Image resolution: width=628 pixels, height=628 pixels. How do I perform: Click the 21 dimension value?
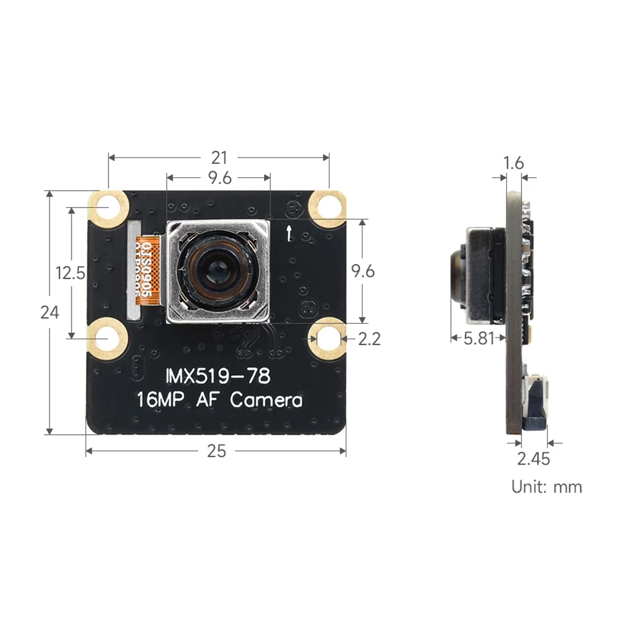click(x=218, y=157)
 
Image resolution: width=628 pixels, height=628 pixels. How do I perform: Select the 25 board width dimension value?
click(x=216, y=451)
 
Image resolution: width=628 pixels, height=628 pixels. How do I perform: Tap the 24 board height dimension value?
click(x=50, y=312)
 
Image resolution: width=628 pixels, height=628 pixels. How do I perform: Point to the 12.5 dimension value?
click(x=70, y=273)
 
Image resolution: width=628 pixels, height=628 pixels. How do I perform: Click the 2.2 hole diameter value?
click(x=369, y=339)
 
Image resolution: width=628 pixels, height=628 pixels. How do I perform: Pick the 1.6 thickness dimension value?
click(x=514, y=163)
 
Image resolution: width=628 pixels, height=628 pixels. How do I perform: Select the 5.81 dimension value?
click(x=479, y=339)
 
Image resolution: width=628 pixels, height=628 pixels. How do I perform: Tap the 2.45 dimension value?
click(x=533, y=459)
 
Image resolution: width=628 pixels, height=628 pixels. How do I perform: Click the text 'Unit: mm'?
click(x=546, y=486)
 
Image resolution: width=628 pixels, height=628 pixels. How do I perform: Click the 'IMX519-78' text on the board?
click(x=218, y=376)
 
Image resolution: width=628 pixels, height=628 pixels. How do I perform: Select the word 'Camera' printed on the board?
click(x=266, y=400)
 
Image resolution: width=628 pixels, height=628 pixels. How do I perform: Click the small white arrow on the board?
click(x=288, y=233)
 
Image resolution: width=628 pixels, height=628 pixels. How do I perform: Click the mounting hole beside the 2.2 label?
click(x=327, y=338)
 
